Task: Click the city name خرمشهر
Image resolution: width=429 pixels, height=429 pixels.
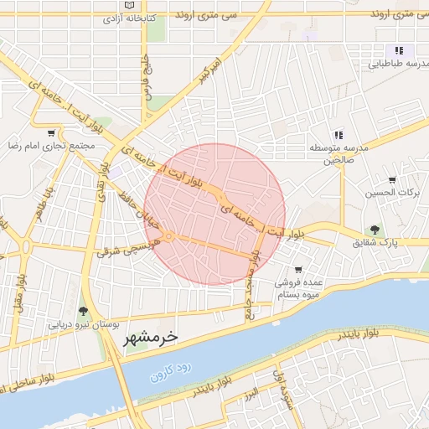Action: (x=151, y=338)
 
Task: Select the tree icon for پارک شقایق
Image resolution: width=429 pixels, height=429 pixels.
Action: (x=374, y=230)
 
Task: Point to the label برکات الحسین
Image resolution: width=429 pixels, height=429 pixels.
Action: (x=391, y=194)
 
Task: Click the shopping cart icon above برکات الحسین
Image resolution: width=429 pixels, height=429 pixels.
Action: (x=392, y=179)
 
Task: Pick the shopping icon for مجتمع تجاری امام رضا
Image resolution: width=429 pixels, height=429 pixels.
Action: (x=52, y=132)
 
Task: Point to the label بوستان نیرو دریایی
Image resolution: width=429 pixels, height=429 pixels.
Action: (x=84, y=323)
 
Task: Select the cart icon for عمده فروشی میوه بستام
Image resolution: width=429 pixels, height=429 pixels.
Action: (x=298, y=270)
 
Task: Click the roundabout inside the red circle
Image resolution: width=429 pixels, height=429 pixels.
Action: (x=168, y=237)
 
